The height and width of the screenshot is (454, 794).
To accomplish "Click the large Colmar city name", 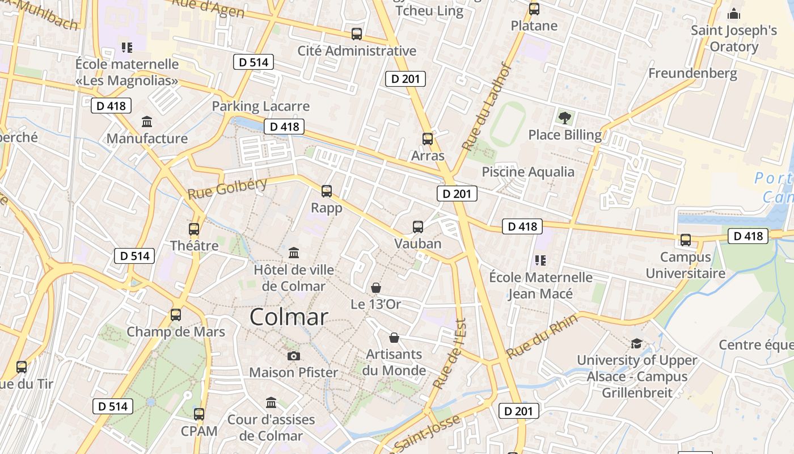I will tap(289, 317).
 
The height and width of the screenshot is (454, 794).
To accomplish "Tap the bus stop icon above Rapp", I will tap(327, 191).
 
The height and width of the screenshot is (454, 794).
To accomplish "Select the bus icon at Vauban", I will tap(418, 227).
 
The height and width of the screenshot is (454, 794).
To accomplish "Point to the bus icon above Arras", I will tap(428, 138).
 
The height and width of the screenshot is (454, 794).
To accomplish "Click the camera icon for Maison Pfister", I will tap(293, 356).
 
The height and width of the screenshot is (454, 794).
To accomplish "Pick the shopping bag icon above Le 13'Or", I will tap(375, 288).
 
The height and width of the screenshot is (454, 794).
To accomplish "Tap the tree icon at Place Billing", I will tap(564, 118).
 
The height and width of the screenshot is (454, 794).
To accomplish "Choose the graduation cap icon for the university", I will tap(636, 343).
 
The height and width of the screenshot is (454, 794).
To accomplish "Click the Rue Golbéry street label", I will tap(227, 188).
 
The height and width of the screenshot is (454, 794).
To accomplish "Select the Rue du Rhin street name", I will tap(542, 336).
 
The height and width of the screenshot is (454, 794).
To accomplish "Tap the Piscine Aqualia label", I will tap(528, 172).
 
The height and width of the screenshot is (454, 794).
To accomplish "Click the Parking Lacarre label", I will tap(261, 106).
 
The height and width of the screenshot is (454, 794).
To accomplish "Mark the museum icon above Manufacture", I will tap(147, 121).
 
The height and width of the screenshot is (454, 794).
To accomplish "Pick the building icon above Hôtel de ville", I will tap(294, 253).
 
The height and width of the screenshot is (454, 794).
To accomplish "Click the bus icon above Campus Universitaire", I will tap(686, 240).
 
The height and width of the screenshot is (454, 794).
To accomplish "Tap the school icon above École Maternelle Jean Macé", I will tap(540, 260).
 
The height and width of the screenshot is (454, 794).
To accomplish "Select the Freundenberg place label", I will tap(692, 73).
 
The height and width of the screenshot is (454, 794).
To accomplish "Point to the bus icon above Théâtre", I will tap(194, 229).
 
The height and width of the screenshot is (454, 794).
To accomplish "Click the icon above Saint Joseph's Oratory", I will tap(734, 14).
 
